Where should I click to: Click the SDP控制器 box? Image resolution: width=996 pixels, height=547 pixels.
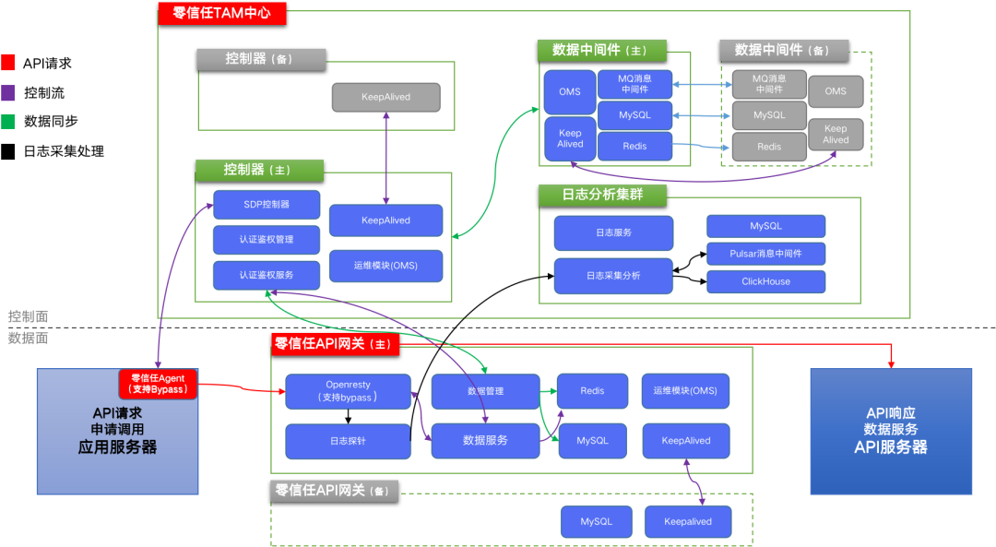[x=267, y=205]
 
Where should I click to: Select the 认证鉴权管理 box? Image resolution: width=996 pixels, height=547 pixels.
[x=267, y=240]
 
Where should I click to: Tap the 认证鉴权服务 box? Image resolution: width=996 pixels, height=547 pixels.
[x=267, y=275]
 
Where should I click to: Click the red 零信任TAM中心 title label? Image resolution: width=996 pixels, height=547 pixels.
[x=222, y=13]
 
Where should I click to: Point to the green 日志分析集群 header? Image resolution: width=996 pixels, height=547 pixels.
[x=602, y=195]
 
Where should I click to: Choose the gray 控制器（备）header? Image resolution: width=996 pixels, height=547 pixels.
[x=261, y=59]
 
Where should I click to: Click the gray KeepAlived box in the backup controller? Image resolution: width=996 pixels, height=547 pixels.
[x=385, y=97]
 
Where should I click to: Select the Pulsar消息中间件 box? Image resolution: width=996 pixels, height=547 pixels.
[x=765, y=254]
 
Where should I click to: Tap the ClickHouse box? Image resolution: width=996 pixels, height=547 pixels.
[x=765, y=281]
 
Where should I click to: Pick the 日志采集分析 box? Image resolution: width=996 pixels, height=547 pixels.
[x=613, y=276]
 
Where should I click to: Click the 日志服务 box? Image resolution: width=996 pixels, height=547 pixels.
[x=613, y=232]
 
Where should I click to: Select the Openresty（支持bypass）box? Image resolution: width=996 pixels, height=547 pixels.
[x=348, y=391]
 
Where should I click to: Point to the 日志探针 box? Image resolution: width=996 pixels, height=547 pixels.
[x=348, y=441]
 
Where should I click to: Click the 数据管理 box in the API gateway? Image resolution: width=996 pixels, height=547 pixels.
[x=485, y=391]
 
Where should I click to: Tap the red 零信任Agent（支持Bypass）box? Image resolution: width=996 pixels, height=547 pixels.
[x=159, y=384]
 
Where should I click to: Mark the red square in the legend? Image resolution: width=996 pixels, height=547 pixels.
[x=7, y=63]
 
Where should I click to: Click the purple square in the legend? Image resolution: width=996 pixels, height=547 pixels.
[x=7, y=92]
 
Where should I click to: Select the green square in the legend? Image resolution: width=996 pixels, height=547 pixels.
[x=7, y=122]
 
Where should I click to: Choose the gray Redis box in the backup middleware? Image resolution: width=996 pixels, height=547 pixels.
[x=768, y=147]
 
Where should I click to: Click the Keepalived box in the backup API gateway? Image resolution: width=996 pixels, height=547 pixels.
[x=688, y=522]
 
